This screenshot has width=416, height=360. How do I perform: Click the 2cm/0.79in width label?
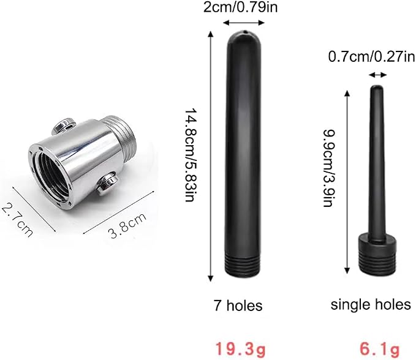pos(240,7)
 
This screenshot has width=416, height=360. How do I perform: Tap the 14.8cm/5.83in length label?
pos(190,154)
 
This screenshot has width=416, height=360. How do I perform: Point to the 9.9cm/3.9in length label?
pos(329,168)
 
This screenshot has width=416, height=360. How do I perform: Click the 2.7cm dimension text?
pos(18,220)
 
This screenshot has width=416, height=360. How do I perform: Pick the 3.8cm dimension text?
pos(127,225)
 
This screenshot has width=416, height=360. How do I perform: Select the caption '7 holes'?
pos(238,305)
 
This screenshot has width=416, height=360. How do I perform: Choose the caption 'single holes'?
pos(371,305)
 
